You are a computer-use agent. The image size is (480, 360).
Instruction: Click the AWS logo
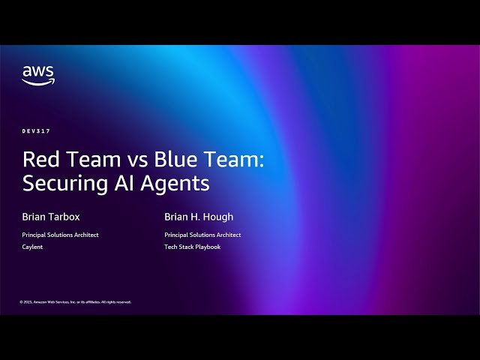(38, 75)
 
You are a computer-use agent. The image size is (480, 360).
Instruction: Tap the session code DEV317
(36, 131)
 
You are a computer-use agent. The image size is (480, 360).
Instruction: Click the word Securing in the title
(61, 182)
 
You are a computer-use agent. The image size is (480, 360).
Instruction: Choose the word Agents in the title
(174, 182)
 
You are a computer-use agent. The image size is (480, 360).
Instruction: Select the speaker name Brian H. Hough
(199, 217)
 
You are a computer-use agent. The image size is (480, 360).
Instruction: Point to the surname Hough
(219, 217)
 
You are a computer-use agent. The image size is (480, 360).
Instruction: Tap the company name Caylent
(32, 247)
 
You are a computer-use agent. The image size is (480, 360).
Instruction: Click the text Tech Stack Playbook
(192, 247)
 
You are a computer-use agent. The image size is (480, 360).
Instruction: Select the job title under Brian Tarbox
(60, 235)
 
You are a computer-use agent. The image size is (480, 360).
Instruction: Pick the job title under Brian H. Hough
(202, 235)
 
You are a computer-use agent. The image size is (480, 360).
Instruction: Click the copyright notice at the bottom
(76, 302)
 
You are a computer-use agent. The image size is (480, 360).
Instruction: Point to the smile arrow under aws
(38, 82)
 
